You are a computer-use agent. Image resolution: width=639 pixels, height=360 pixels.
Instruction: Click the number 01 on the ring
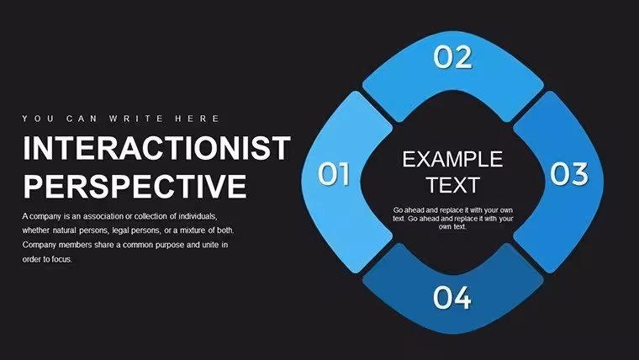334,173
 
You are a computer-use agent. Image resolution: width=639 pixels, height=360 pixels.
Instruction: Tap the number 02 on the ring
452,57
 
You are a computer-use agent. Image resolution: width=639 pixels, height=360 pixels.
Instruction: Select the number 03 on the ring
569,173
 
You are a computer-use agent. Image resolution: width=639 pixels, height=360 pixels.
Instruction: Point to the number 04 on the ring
452,297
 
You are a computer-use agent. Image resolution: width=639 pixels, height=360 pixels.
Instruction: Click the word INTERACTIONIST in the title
157,147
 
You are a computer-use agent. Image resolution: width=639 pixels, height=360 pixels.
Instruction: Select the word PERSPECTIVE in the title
135,186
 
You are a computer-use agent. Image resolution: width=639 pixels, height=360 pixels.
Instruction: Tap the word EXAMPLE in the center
452,159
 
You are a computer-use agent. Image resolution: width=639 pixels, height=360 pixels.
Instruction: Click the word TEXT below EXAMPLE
452,185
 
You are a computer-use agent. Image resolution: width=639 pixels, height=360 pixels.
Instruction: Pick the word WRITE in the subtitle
136,119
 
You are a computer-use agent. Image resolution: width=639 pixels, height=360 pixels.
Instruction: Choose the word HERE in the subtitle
198,119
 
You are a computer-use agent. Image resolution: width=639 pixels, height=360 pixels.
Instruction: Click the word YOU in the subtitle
38,119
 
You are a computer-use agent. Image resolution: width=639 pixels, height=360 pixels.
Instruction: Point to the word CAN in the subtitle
82,119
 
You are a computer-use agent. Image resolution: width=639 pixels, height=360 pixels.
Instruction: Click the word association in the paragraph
103,216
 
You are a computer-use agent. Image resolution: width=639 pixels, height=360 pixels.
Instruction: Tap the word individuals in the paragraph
198,216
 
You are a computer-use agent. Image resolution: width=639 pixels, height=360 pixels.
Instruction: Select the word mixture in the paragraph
193,230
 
